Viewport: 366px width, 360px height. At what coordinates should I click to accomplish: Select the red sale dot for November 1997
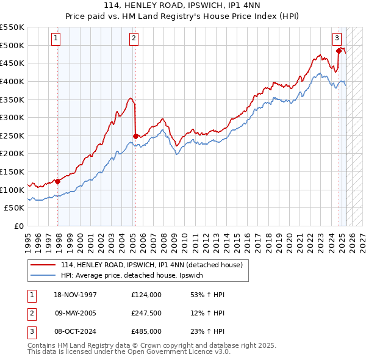(x=58, y=181)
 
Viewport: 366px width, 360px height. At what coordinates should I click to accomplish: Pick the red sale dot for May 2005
(x=135, y=136)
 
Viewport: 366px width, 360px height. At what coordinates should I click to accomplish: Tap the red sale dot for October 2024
(x=339, y=51)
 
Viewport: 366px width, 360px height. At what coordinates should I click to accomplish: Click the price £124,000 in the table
(x=146, y=295)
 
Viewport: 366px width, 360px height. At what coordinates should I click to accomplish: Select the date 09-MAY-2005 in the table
(x=76, y=313)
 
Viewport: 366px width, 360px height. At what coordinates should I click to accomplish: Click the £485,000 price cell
(x=146, y=331)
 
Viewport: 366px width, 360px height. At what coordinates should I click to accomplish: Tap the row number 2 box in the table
(x=31, y=313)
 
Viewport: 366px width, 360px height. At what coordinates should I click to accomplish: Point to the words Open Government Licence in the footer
(x=176, y=353)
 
